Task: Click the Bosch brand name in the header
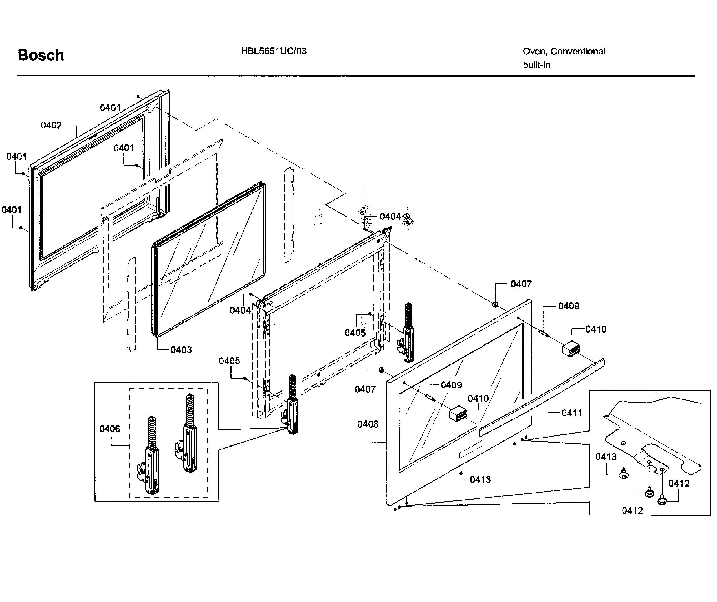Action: click(41, 55)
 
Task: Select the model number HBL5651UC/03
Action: click(274, 51)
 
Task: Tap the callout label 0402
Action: click(51, 125)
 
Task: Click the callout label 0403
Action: click(181, 350)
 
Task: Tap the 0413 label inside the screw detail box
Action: click(606, 456)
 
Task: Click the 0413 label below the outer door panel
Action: click(480, 479)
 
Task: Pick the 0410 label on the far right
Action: click(595, 329)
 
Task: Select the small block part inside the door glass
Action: click(458, 414)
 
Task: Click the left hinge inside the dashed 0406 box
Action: click(149, 458)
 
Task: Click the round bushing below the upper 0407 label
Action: click(495, 304)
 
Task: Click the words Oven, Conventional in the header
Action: click(564, 51)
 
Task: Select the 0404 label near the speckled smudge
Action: click(390, 216)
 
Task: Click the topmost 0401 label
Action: click(110, 107)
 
